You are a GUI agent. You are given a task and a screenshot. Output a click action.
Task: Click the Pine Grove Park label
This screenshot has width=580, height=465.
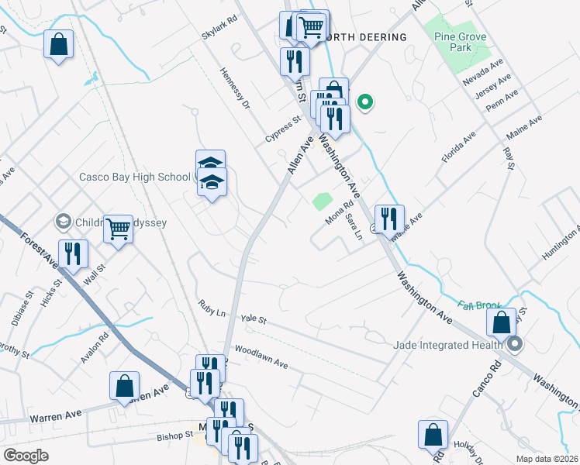454,42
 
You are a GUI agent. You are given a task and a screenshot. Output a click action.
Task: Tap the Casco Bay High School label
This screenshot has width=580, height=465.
135,177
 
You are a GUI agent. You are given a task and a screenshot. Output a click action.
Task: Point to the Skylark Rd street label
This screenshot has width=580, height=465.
219,29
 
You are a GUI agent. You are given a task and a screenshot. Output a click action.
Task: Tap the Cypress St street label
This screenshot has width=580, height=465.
282,129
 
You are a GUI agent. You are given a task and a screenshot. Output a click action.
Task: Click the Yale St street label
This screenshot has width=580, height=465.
253,319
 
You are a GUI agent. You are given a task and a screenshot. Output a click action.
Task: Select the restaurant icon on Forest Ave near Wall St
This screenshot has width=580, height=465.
73,253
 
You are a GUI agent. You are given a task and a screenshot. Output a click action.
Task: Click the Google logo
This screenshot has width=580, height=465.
26,456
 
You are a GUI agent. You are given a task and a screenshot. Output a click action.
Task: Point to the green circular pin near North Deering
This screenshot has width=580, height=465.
364,101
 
